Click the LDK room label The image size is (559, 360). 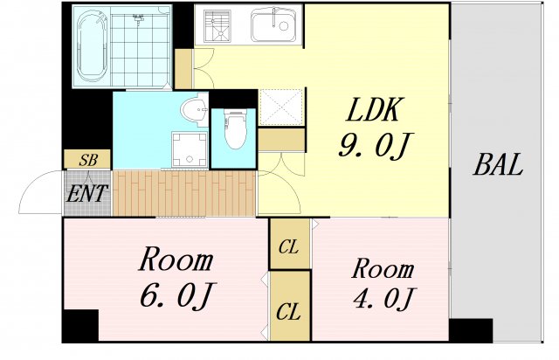tap(375, 111)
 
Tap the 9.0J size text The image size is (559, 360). tap(374, 145)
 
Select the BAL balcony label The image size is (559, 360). tap(499, 165)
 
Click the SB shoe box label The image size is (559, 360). tap(88, 161)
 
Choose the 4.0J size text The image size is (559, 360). tap(383, 299)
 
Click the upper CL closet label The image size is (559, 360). tap(289, 248)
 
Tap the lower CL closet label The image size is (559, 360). tap(289, 310)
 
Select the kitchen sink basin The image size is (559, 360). tap(276, 26)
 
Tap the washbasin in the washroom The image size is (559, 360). tap(193, 111)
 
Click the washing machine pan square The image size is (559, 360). tap(189, 149)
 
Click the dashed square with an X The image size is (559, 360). tap(280, 108)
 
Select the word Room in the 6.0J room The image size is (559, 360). tap(176, 260)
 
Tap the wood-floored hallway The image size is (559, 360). tap(183, 192)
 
